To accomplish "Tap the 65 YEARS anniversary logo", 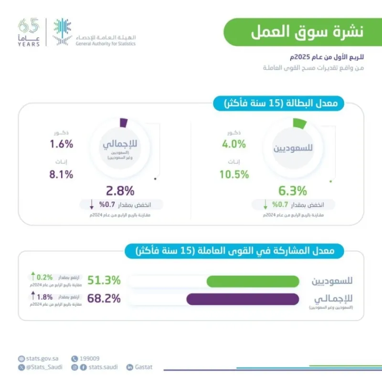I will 29,32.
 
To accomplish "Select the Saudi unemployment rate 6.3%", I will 293,191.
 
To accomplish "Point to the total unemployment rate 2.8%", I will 120,191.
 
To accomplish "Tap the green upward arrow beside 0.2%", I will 33,276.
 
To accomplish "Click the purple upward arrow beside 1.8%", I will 33,296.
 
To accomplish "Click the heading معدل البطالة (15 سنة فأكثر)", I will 286,103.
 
